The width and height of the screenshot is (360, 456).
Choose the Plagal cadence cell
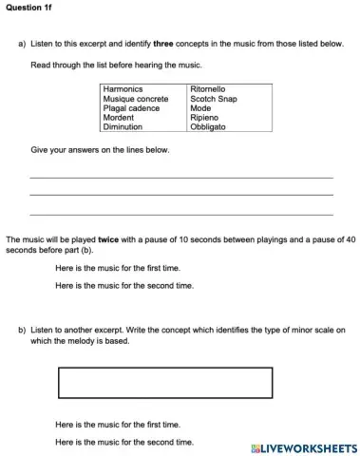coord(128,107)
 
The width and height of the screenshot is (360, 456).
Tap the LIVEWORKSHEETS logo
coord(303,446)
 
